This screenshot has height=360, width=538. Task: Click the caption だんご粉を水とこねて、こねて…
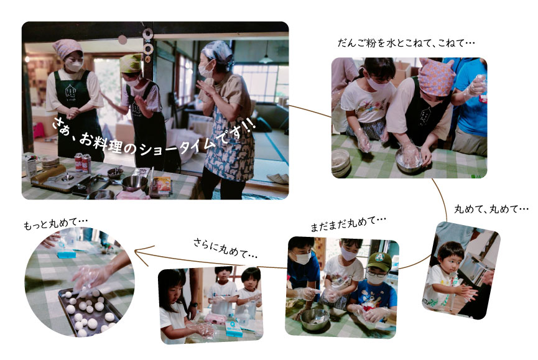pyautogui.click(x=406, y=43)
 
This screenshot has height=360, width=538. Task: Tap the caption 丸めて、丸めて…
pyautogui.click(x=491, y=209)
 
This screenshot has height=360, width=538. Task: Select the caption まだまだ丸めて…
pyautogui.click(x=348, y=223)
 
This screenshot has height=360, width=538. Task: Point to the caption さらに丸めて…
pyautogui.click(x=225, y=248)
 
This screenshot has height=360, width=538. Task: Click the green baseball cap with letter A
pyautogui.click(x=379, y=261)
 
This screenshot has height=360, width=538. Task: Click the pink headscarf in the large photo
pyautogui.click(x=67, y=48)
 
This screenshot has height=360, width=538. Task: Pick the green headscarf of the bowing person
pyautogui.click(x=131, y=62)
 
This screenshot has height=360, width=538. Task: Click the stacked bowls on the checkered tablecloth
pyautogui.click(x=341, y=163)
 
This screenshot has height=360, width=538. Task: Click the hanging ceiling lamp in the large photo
pyautogui.click(x=266, y=58)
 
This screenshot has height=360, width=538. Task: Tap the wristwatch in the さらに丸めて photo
pyautogui.click(x=193, y=305)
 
